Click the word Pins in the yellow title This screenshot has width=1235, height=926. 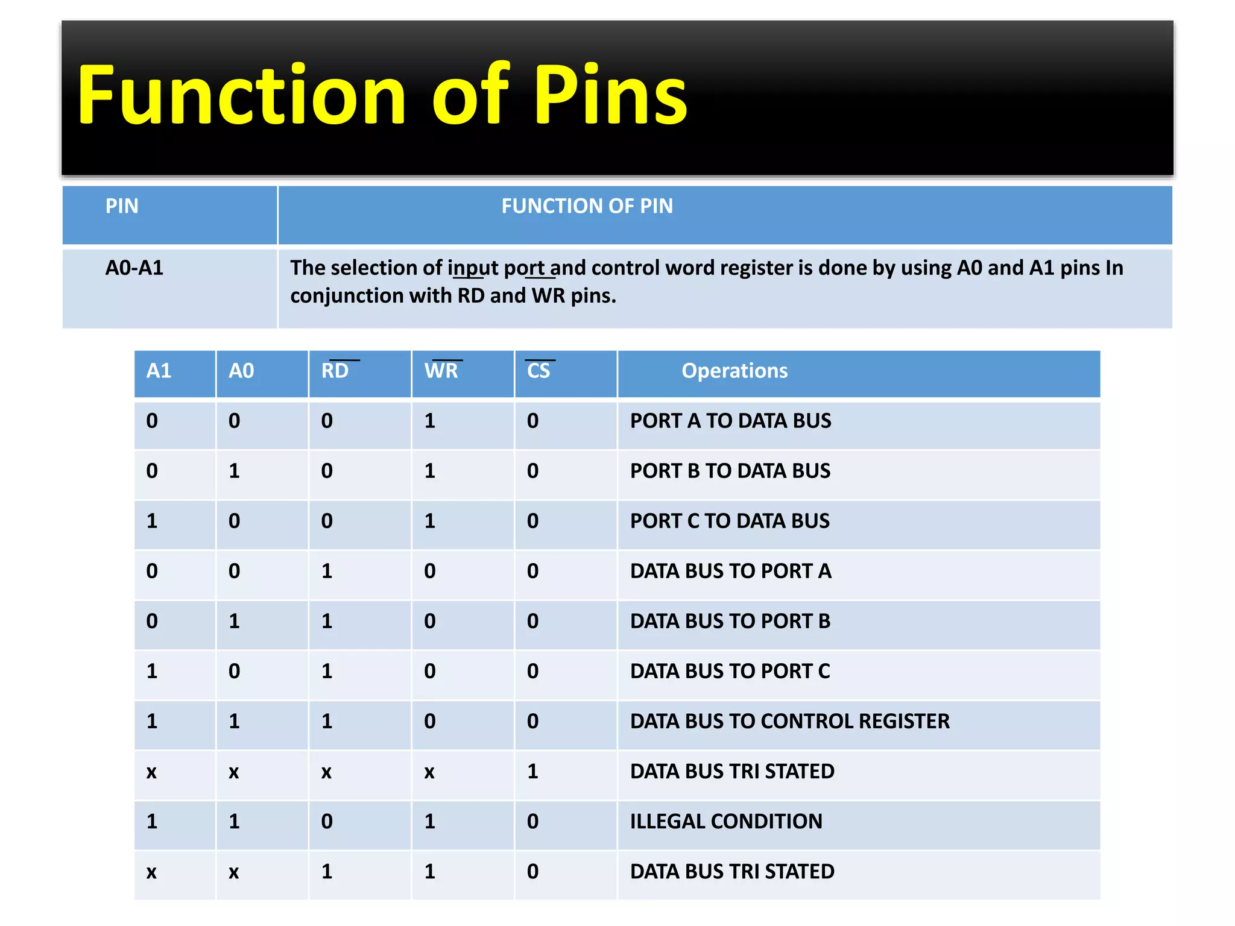point(610,95)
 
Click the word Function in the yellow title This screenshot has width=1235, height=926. point(241,95)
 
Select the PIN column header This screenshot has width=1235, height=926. point(122,206)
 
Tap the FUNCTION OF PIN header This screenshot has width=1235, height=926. point(587,206)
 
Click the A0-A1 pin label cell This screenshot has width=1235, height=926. point(134,268)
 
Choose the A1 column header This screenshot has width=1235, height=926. point(159,371)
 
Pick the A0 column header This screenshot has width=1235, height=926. point(241,371)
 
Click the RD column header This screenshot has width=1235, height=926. point(335,371)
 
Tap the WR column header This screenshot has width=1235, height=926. point(441,371)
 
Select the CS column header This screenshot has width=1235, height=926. point(539,371)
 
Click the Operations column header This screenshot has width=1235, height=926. point(734,371)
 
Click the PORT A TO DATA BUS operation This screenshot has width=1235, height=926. point(730,421)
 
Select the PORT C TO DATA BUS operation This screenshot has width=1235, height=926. point(730,521)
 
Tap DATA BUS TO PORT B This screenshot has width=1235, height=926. point(730,621)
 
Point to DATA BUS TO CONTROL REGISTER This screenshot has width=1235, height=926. point(789,721)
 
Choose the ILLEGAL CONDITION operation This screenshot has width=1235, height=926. point(726,821)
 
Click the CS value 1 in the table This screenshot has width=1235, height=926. point(532,771)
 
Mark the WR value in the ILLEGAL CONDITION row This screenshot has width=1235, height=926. point(430,821)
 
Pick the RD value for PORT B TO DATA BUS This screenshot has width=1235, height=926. point(327,471)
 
